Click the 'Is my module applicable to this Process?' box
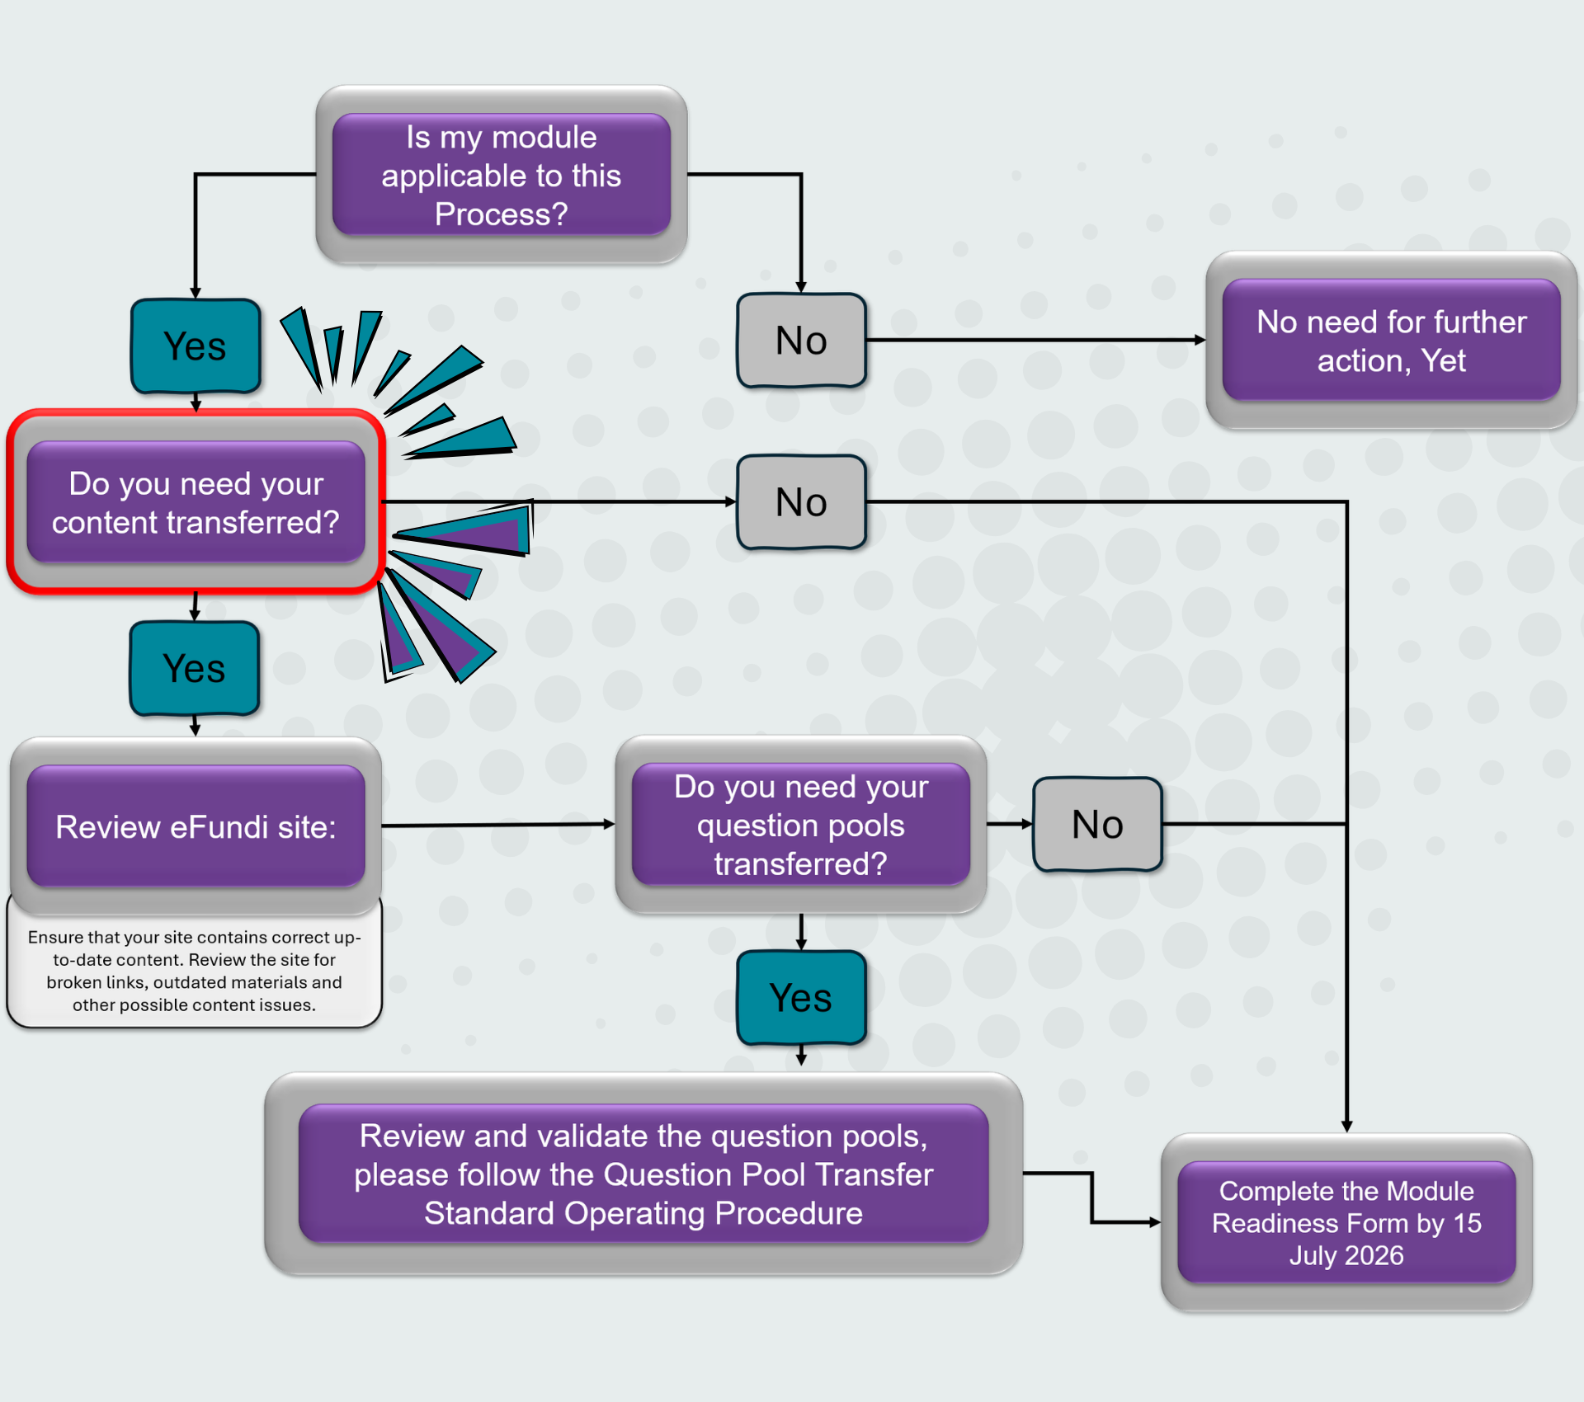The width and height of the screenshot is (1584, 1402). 502,175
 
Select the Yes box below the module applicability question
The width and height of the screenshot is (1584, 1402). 196,346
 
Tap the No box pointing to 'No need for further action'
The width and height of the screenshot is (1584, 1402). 801,340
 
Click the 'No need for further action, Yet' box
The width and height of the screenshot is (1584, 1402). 1391,340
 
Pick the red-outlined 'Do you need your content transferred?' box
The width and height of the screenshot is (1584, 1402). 196,501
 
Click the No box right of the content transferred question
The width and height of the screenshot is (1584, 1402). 801,501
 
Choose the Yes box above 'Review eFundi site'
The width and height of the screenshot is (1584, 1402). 195,668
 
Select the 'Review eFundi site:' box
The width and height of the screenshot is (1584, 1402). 196,826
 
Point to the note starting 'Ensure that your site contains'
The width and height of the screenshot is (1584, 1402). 195,971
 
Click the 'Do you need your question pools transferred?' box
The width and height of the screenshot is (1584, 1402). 801,825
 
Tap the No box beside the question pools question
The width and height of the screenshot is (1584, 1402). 1097,824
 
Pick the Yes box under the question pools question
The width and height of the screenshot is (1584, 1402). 801,998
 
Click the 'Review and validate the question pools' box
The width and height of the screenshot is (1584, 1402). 643,1174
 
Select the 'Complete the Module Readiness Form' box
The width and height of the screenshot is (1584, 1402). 1346,1222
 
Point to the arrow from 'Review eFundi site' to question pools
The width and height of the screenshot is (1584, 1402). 498,825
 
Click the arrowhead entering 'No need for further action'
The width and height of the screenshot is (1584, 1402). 1200,340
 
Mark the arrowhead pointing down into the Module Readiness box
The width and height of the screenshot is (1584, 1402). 1346,1127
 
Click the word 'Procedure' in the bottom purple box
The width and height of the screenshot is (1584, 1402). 789,1213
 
